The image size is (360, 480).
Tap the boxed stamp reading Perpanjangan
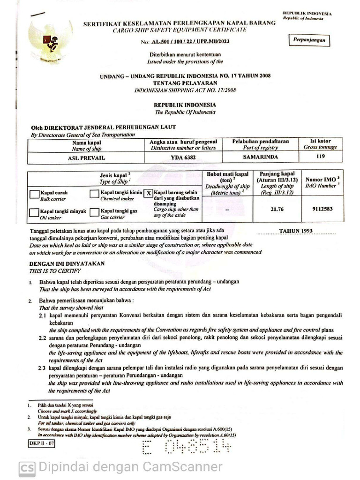click(309, 41)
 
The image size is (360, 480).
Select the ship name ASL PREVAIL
click(87, 157)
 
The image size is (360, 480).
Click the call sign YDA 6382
click(183, 157)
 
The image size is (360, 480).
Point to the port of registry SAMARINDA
click(261, 157)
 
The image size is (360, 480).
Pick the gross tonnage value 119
click(320, 157)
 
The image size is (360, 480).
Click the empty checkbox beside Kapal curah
click(34, 194)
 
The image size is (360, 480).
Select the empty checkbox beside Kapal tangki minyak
click(34, 212)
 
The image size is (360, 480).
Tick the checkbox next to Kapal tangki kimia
click(94, 194)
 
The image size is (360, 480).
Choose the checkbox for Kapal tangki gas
click(94, 212)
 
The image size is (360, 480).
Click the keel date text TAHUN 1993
click(296, 231)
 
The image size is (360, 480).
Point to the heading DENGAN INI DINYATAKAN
click(67, 264)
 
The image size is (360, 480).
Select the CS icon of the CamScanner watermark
click(27, 468)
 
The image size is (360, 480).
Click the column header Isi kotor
click(320, 141)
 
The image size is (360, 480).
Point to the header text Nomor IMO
click(321, 180)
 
